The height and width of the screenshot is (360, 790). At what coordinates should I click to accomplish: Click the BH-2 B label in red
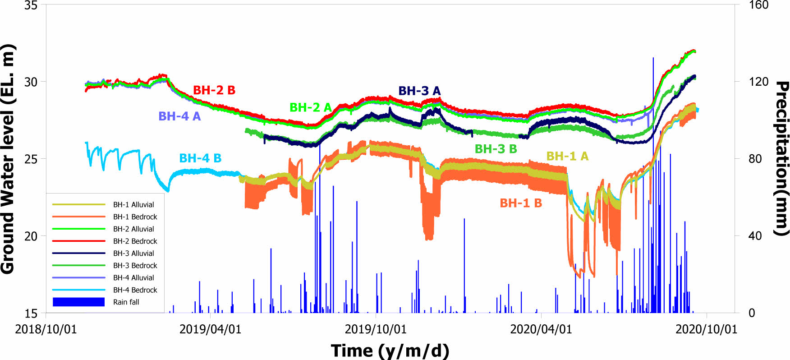pos(214,90)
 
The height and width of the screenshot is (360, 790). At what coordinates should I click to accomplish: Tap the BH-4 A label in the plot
pos(179,116)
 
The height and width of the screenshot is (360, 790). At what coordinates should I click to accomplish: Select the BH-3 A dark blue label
pos(419,91)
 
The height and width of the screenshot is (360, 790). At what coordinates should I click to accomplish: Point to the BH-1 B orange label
pos(521,203)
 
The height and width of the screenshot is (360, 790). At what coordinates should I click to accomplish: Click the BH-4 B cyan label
pos(200,158)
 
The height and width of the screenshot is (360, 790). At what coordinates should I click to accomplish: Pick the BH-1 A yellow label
pos(567,156)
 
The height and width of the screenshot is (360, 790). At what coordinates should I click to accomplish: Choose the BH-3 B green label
pos(496,149)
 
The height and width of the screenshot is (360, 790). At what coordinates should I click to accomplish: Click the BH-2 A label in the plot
pos(310,107)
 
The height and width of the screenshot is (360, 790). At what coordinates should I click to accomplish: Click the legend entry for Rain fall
pos(126,302)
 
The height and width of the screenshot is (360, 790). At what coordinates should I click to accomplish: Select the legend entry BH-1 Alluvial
pos(133,205)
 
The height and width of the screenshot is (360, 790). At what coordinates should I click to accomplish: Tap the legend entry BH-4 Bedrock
pos(135,290)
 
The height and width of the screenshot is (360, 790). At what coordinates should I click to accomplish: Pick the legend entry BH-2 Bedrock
pos(135,241)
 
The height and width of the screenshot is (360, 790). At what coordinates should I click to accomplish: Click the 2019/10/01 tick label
pos(376,329)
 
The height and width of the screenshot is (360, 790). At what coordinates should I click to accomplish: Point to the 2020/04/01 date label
pos(541,329)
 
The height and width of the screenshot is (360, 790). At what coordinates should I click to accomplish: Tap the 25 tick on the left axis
pos(31,159)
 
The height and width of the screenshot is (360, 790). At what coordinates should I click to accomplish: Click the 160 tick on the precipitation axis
pos(758,5)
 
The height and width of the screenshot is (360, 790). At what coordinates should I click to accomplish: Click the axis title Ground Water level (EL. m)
pos(8,159)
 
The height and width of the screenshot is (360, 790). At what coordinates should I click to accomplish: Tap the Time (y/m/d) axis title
pos(390,351)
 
